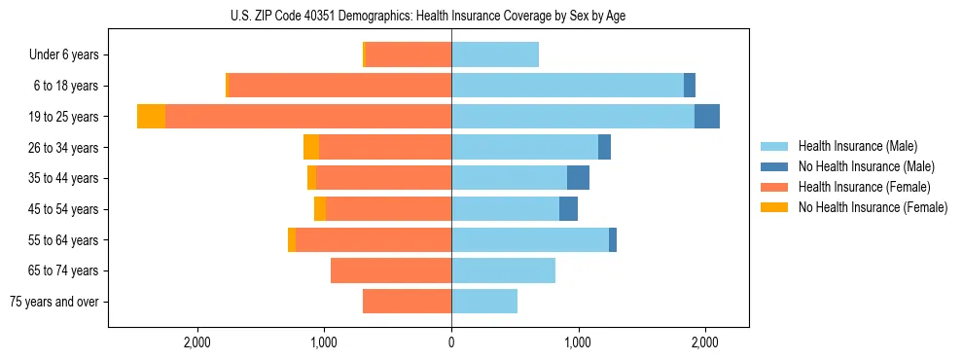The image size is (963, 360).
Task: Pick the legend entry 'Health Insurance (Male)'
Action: [x=857, y=146]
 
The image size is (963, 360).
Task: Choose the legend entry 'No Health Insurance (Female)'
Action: [x=873, y=207]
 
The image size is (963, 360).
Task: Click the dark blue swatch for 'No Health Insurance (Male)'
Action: [x=775, y=166]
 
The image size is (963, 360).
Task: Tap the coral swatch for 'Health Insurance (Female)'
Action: [x=775, y=187]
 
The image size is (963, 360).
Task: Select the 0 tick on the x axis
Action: [x=451, y=342]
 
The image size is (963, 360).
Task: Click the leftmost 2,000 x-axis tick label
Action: [x=197, y=342]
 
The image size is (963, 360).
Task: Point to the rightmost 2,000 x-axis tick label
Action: [x=705, y=342]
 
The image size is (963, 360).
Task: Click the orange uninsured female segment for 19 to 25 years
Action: [x=151, y=117]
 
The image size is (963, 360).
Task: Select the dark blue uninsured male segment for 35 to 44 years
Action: [x=578, y=178]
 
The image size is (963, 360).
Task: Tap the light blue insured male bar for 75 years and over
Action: [x=484, y=302]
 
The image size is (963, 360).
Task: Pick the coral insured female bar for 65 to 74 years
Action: [x=391, y=270]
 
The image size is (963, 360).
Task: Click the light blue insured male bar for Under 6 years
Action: [x=495, y=54]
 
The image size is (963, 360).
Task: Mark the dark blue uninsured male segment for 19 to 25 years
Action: [x=707, y=117]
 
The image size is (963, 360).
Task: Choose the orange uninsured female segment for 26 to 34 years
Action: [x=311, y=147]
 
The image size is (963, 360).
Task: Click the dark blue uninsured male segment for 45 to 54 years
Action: [x=568, y=209]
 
